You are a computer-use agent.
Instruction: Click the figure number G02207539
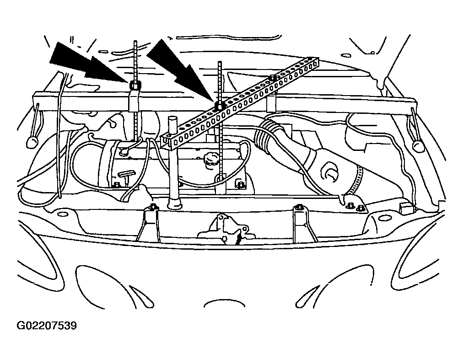[x=47, y=326]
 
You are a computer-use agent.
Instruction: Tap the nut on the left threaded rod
[x=135, y=86]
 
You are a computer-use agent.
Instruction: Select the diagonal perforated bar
[x=241, y=102]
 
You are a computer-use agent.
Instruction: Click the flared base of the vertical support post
[x=174, y=203]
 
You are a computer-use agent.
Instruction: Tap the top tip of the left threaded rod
[x=135, y=41]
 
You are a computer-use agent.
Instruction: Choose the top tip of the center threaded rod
[x=220, y=62]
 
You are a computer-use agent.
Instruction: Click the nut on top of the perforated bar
[x=274, y=78]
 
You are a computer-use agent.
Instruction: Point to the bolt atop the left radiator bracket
[x=153, y=206]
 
